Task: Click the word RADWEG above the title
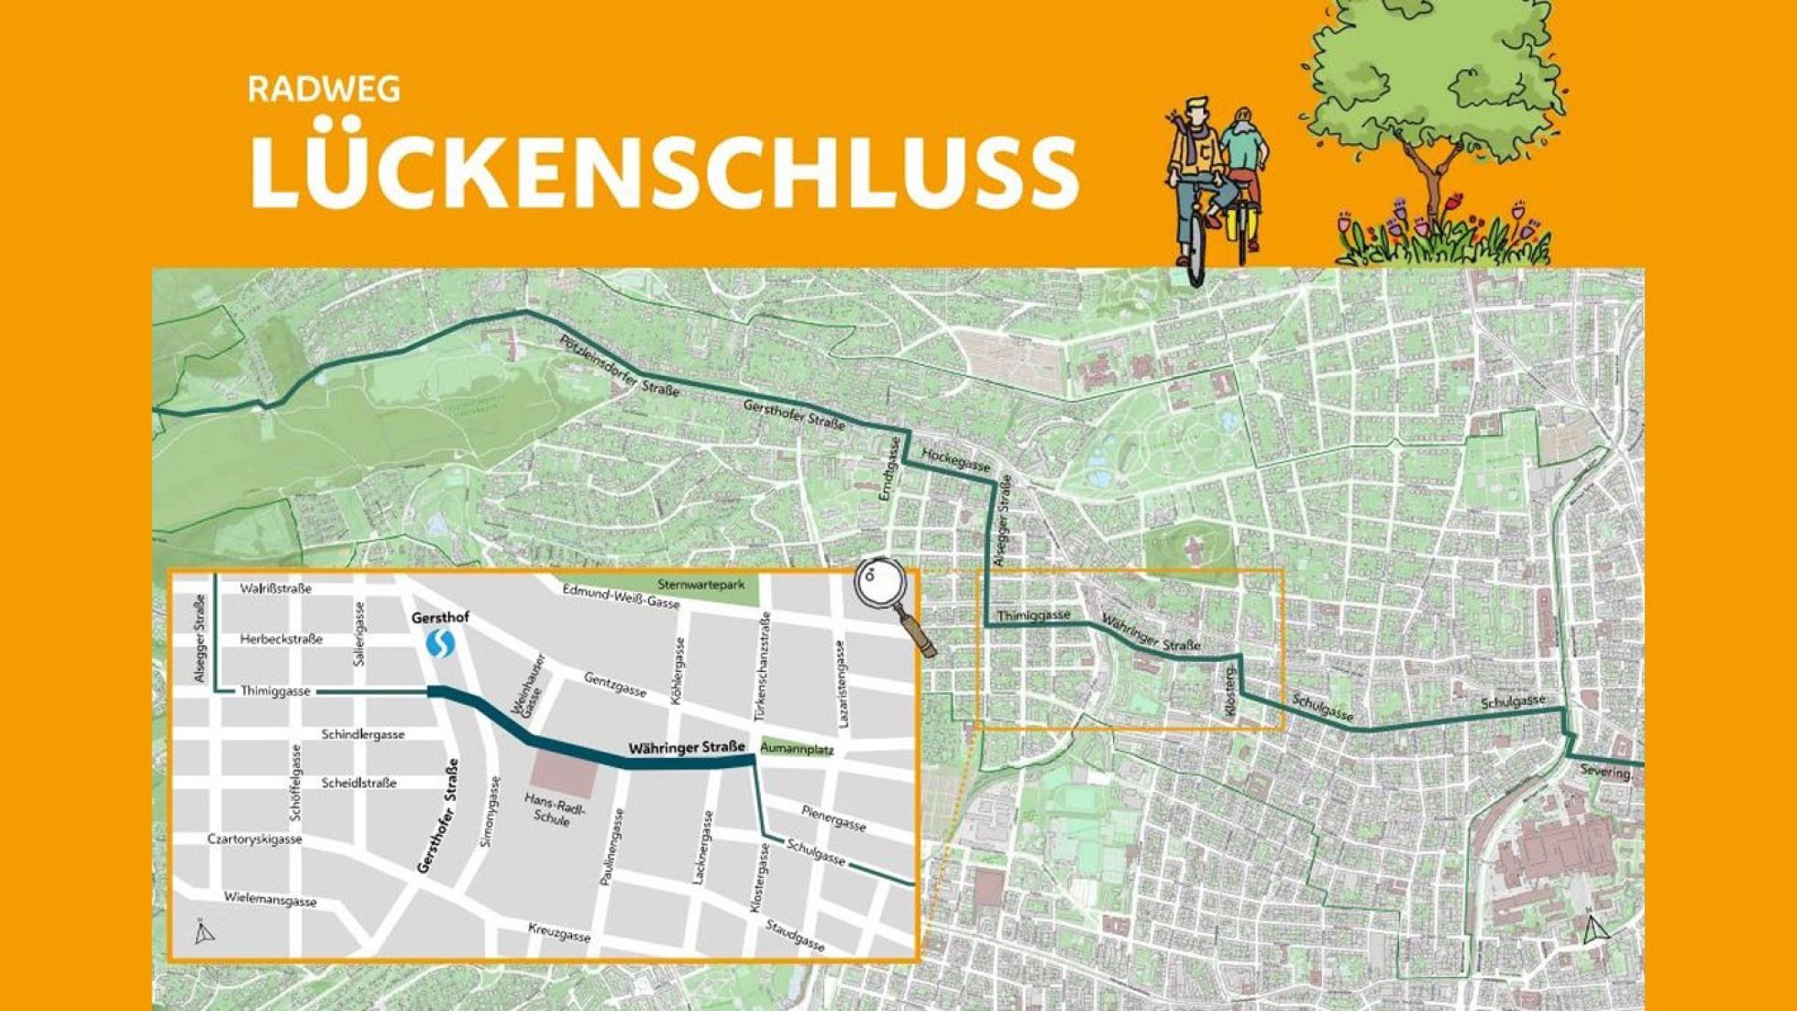(x=324, y=90)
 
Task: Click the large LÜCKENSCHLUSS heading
(x=663, y=171)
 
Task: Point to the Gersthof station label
(x=440, y=617)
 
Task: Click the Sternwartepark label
(x=701, y=584)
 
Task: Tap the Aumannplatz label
(x=796, y=749)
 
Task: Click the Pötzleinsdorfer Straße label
(x=620, y=366)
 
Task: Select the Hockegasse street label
(x=955, y=459)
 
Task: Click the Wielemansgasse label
(x=270, y=899)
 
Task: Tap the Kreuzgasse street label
(x=559, y=933)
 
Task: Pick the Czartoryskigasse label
(x=255, y=839)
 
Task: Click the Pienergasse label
(x=833, y=818)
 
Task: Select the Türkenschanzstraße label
(x=764, y=659)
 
